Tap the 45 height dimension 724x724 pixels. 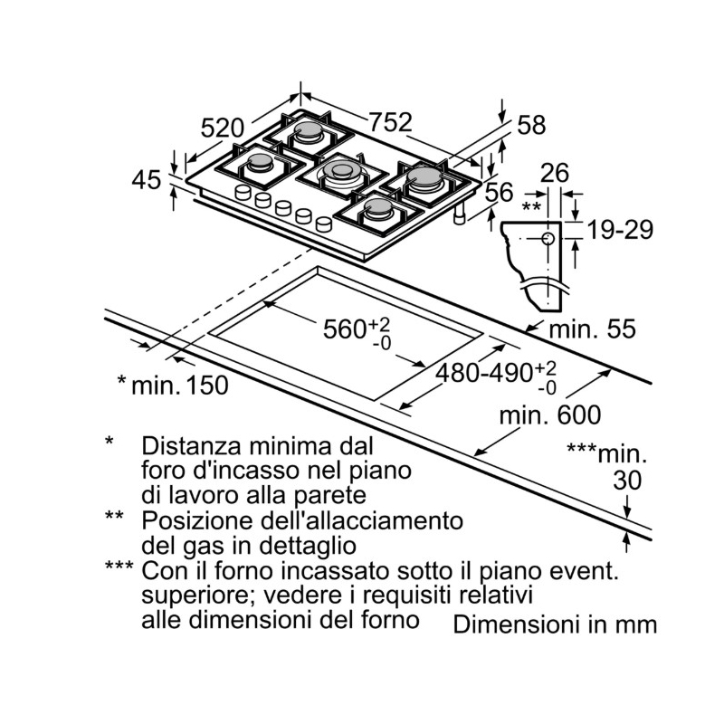click(x=146, y=180)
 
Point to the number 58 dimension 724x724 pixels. click(x=531, y=126)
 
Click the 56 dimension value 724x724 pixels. click(x=499, y=191)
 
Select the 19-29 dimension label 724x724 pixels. click(x=620, y=230)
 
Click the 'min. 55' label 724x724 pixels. click(x=594, y=329)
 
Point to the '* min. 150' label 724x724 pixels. click(x=173, y=385)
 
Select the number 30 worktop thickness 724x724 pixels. click(x=626, y=481)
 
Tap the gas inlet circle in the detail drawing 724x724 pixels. click(x=548, y=238)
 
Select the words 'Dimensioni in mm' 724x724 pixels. click(x=554, y=624)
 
